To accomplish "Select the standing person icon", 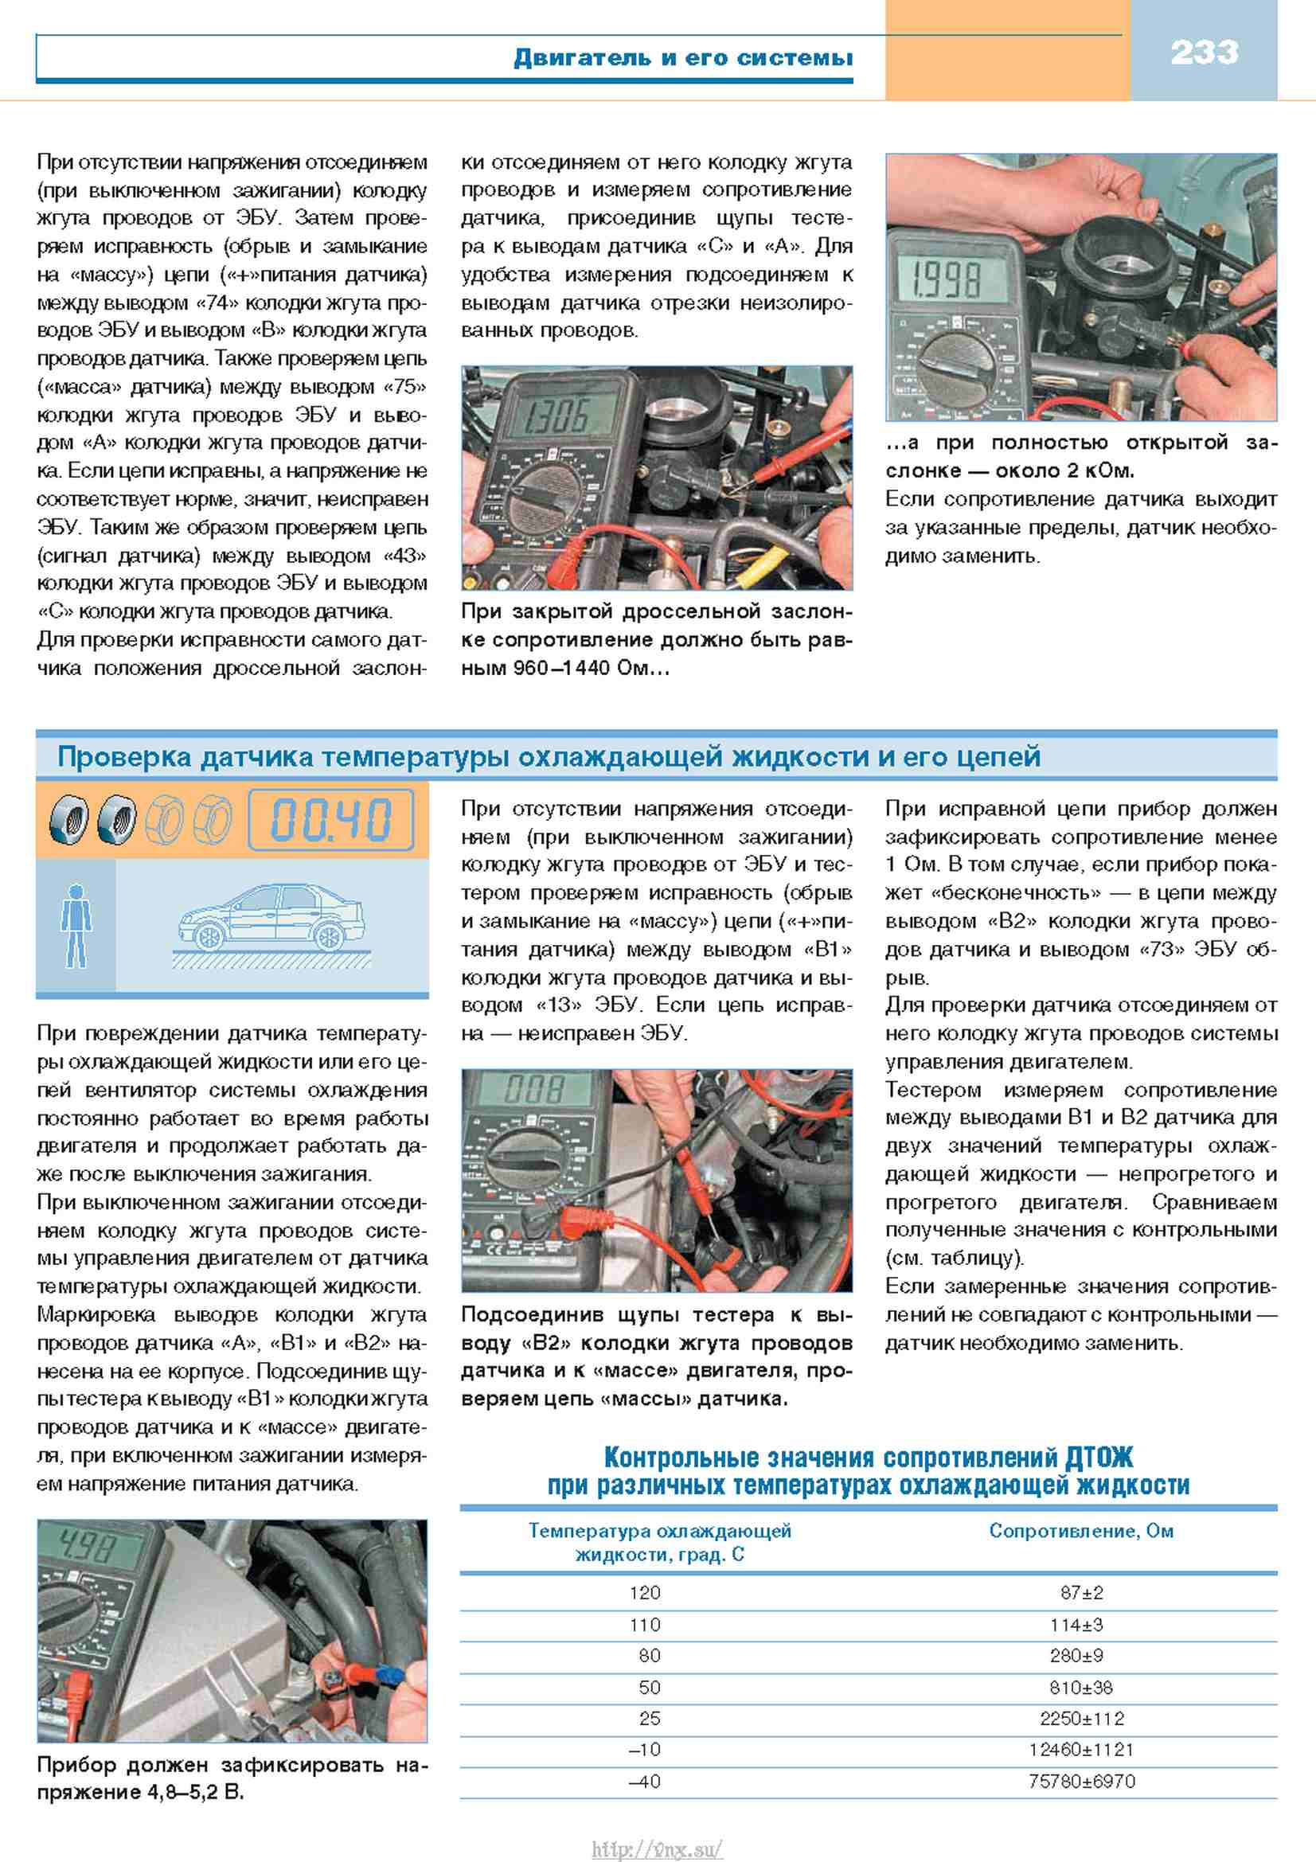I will click(x=76, y=925).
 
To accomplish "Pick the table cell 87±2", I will click(x=1081, y=1593).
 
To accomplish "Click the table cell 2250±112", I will click(x=1081, y=1719).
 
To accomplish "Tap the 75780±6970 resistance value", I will click(x=1081, y=1782).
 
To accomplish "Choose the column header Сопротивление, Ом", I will click(x=1081, y=1531).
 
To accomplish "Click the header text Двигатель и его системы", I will click(x=683, y=57).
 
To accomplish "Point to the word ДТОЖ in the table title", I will click(x=1099, y=1458).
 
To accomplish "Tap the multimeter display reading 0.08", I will click(x=534, y=1089).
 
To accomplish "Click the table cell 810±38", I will click(x=1081, y=1688).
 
